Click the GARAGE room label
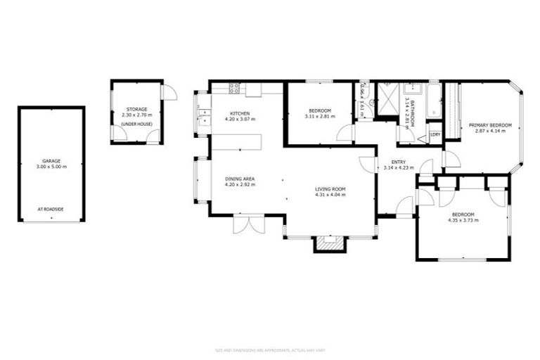(51, 160)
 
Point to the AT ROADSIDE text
(51, 209)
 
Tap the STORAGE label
(136, 110)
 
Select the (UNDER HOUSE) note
(136, 124)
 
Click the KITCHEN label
(240, 114)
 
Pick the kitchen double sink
(204, 118)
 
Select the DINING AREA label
(240, 179)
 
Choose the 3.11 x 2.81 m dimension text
(319, 117)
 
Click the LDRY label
(435, 134)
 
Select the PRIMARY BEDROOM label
(490, 125)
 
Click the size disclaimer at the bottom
(270, 349)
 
